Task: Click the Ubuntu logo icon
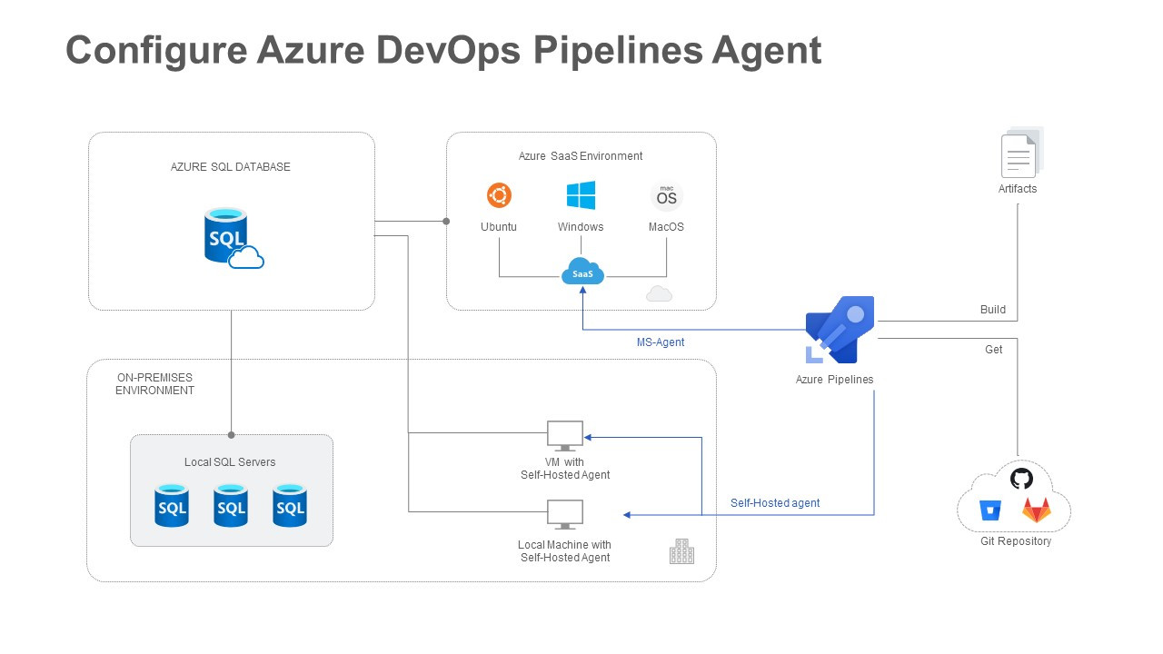[x=499, y=195]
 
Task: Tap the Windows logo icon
[x=581, y=195]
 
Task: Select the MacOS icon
[x=666, y=196]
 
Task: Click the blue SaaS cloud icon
[x=582, y=272]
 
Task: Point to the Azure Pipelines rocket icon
[x=840, y=329]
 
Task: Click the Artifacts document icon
[x=1020, y=154]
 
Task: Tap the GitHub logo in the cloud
[x=1021, y=479]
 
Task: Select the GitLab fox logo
[x=1036, y=510]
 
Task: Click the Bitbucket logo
[x=989, y=510]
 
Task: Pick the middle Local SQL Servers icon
[x=231, y=505]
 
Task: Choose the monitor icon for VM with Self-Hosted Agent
[x=565, y=436]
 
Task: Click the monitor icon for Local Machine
[x=565, y=515]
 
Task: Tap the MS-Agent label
[x=661, y=342]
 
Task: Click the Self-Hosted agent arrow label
[x=775, y=503]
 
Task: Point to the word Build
[x=993, y=310]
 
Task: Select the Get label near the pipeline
[x=994, y=350]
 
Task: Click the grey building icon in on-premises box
[x=681, y=551]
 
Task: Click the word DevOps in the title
[x=448, y=50]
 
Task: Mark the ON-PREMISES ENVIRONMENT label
[x=154, y=383]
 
